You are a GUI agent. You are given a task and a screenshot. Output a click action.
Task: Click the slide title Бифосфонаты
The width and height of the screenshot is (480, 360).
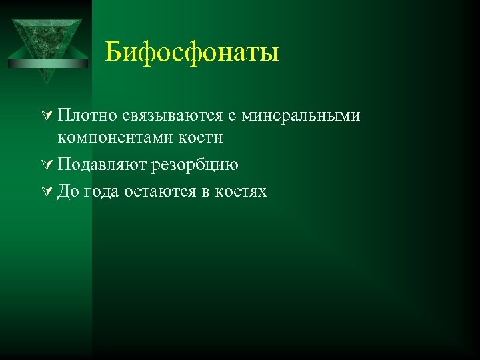pos(192,52)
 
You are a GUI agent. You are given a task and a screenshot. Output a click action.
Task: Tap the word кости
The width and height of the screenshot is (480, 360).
pos(201,137)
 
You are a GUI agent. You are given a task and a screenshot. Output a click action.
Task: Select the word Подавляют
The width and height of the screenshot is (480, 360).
pos(102,165)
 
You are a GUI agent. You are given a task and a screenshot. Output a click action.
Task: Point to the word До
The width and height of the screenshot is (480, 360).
pos(69,192)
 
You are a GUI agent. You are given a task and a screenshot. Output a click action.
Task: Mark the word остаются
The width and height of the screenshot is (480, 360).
pos(159,192)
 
